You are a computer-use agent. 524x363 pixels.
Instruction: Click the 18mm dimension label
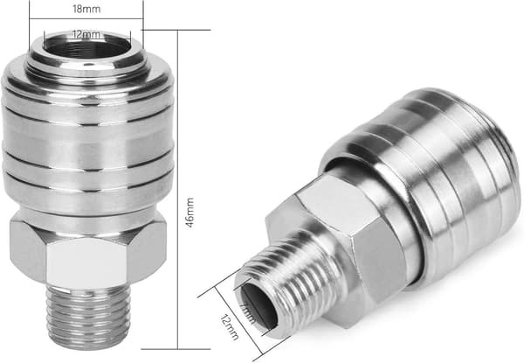point(86,9)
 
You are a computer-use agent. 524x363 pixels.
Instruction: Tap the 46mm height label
point(190,213)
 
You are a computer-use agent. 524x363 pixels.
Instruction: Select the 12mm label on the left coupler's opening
point(86,34)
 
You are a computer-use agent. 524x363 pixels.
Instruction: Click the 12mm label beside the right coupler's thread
point(230,327)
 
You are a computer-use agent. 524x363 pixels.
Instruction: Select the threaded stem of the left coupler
point(88,316)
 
